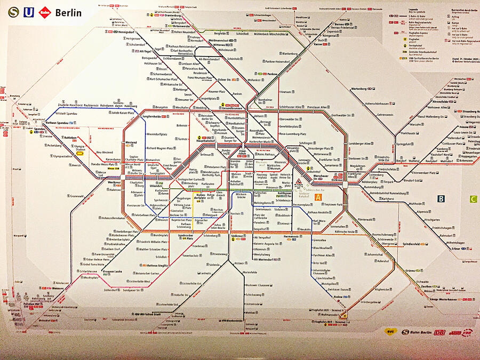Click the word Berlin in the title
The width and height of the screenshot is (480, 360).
tap(68, 12)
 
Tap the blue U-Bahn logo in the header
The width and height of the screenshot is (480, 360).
tap(28, 12)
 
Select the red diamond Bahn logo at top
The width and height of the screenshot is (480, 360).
tap(45, 12)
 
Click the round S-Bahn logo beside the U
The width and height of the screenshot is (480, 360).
tap(13, 12)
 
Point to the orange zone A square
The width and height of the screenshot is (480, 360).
tap(318, 197)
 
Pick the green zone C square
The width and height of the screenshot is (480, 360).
tap(473, 199)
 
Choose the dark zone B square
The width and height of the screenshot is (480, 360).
tap(441, 199)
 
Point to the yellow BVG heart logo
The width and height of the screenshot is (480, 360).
tap(391, 331)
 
